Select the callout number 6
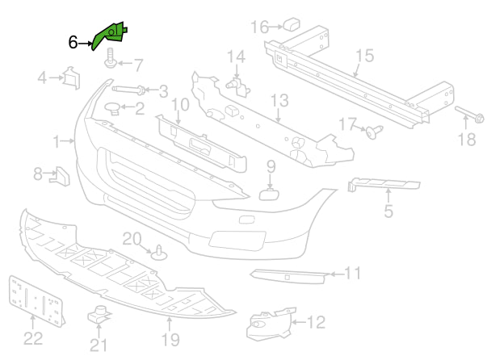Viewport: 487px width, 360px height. click(73, 42)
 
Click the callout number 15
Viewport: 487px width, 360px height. click(364, 56)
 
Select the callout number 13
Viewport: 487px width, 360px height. click(279, 101)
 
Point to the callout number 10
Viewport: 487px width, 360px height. click(179, 104)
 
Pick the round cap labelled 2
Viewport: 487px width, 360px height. click(113, 107)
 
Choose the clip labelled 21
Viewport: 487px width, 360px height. click(99, 316)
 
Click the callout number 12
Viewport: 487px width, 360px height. click(315, 323)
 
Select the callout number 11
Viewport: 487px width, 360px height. click(353, 274)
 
